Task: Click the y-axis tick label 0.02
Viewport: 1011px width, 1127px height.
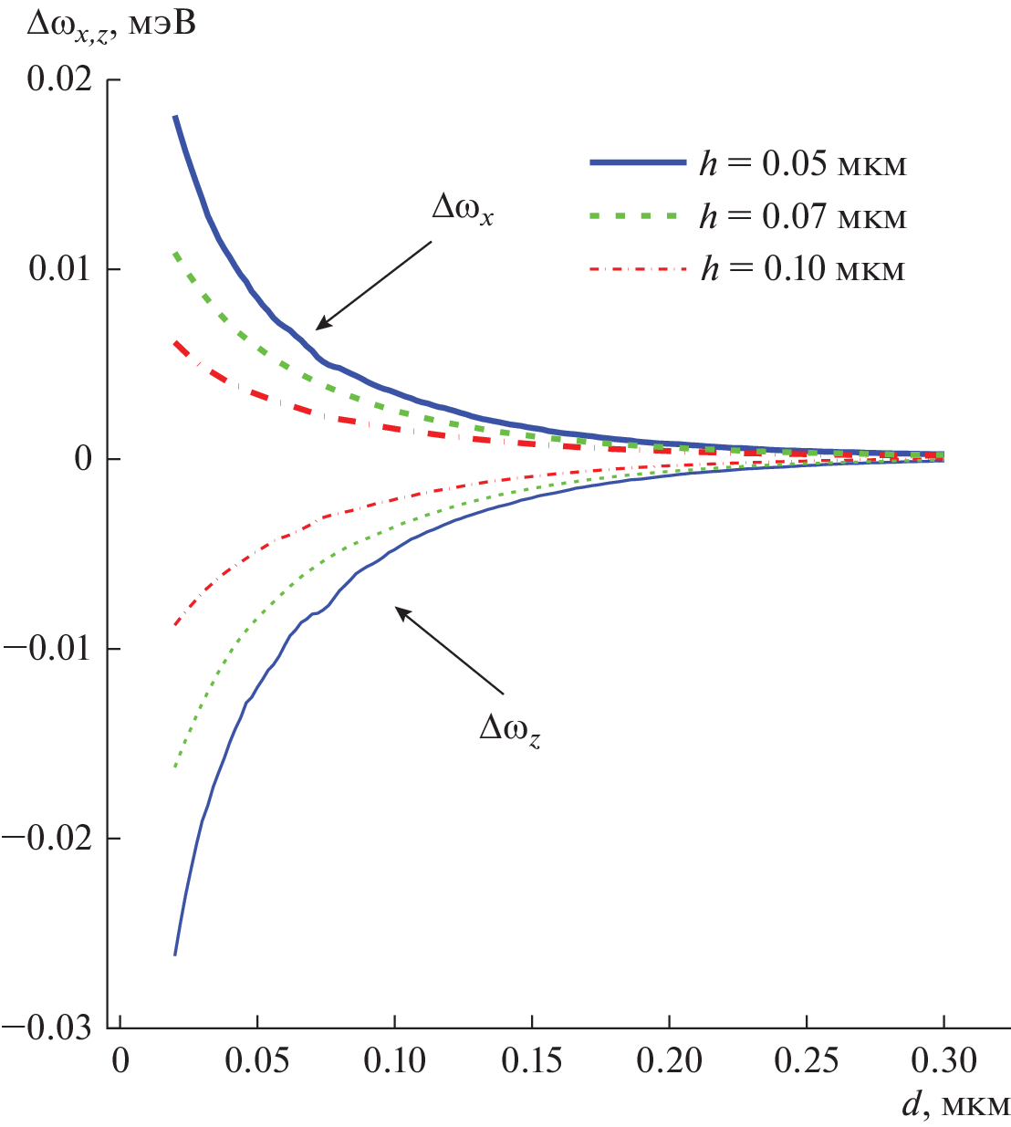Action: point(59,78)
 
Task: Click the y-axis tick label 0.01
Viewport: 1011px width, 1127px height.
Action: point(59,269)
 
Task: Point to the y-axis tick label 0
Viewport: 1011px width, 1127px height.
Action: point(83,458)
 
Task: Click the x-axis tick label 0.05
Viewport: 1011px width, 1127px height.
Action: point(258,1060)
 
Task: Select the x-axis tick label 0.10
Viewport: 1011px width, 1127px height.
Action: point(395,1060)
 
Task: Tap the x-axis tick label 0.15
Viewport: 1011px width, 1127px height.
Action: point(532,1060)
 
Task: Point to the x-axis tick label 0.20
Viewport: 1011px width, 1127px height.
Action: point(669,1060)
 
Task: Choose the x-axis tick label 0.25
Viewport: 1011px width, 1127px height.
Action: point(807,1060)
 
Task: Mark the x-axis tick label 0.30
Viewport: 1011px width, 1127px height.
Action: point(943,1060)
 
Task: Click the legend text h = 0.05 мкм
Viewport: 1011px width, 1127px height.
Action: point(803,163)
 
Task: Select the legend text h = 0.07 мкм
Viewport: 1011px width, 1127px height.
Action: point(803,217)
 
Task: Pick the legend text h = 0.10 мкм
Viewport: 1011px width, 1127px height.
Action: point(803,269)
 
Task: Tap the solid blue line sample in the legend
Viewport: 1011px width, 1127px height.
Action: point(637,162)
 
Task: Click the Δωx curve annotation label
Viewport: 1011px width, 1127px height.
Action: point(463,209)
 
